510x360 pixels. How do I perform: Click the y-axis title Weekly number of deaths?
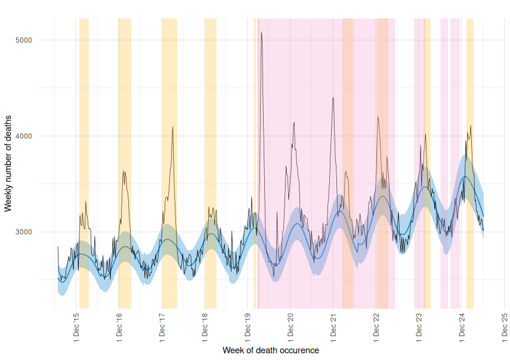click(x=8, y=163)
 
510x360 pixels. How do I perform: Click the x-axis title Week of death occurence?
click(x=270, y=350)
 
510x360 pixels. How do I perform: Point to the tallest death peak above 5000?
click(x=261, y=32)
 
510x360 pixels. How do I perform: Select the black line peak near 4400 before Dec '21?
click(x=333, y=98)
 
